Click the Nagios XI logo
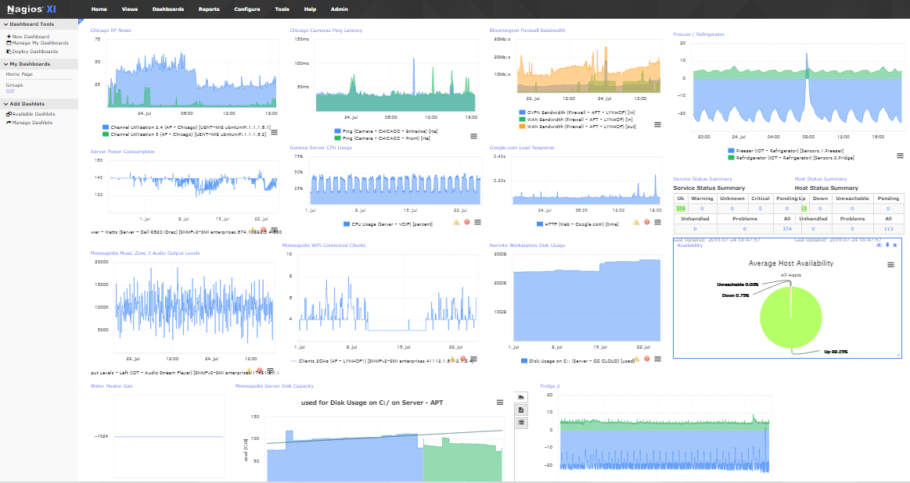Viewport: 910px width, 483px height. coord(31,9)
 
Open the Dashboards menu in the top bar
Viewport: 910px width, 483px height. coord(168,9)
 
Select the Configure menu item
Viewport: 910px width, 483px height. coord(246,9)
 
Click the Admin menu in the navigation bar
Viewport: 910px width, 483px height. coord(339,9)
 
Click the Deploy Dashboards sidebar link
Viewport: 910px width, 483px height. coord(34,52)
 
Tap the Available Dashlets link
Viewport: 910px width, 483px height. coord(33,114)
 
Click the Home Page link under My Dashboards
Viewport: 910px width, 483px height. coord(20,74)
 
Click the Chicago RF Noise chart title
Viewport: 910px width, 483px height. coord(111,30)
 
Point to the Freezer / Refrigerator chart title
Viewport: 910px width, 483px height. coord(699,34)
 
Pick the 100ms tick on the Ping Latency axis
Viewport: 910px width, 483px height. coord(301,63)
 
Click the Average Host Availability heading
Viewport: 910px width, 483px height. coord(790,263)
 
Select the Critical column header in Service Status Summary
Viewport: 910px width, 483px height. coord(760,199)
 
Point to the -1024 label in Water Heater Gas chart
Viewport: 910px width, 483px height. coord(101,437)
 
